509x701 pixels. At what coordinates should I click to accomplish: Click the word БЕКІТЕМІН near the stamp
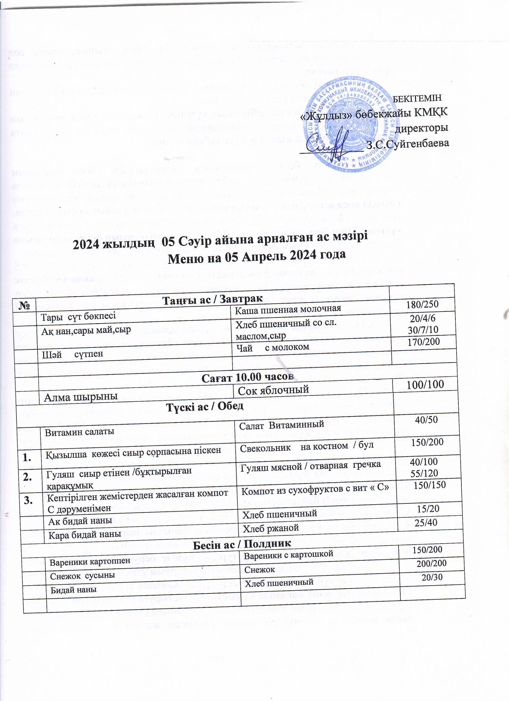pos(417,98)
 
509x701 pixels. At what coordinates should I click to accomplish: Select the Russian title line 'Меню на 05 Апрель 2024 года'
pos(256,256)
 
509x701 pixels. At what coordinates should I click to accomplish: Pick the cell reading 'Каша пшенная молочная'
pos(288,308)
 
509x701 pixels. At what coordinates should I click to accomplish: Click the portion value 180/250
pos(422,304)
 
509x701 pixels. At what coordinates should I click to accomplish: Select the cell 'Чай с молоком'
pos(272,348)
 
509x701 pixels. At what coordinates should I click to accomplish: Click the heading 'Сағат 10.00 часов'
pos(247,377)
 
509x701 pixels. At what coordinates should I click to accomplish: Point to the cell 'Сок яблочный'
pos(273,390)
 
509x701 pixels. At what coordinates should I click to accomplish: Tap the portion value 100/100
pos(425,384)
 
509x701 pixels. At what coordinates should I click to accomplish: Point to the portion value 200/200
pos(431,563)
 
